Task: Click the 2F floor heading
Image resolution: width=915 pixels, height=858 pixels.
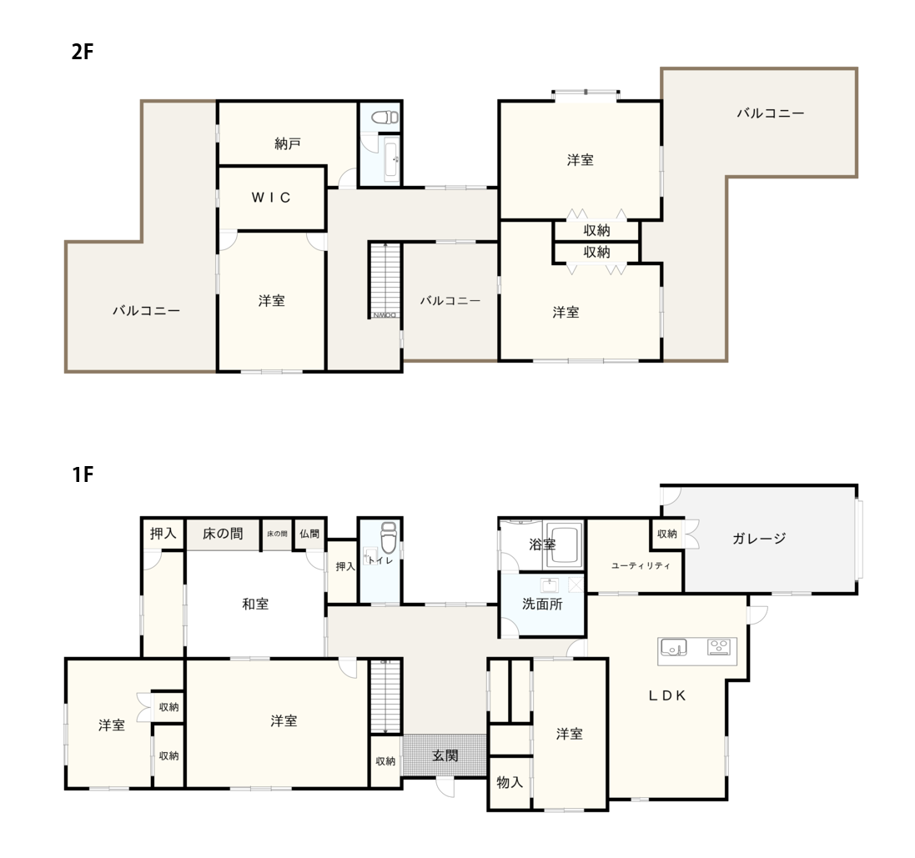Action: [83, 52]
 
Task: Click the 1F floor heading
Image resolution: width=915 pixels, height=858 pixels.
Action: [83, 474]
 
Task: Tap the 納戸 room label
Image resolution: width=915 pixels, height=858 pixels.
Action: [287, 143]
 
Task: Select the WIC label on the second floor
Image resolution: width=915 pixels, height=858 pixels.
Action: [271, 198]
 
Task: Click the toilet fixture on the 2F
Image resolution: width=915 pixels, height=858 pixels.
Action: [385, 118]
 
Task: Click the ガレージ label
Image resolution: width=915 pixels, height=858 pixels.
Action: [759, 539]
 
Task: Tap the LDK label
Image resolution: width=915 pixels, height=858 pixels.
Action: [667, 695]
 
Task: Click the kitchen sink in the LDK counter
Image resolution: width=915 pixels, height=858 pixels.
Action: [673, 647]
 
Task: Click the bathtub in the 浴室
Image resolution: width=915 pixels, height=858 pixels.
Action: [563, 545]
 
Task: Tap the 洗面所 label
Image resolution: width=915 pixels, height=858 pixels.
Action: [542, 604]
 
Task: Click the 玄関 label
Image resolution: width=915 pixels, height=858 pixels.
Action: [445, 755]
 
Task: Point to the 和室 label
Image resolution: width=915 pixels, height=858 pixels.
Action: [255, 604]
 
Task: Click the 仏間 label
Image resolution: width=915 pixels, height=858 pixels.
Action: [309, 533]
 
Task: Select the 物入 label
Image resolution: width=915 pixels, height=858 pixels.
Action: [510, 782]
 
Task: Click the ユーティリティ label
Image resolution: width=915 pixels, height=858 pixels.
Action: [641, 565]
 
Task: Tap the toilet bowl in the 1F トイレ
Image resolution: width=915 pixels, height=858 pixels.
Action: [388, 537]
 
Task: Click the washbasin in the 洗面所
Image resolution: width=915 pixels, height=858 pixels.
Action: [549, 585]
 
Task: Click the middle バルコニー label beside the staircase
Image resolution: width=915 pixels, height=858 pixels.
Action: [450, 300]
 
